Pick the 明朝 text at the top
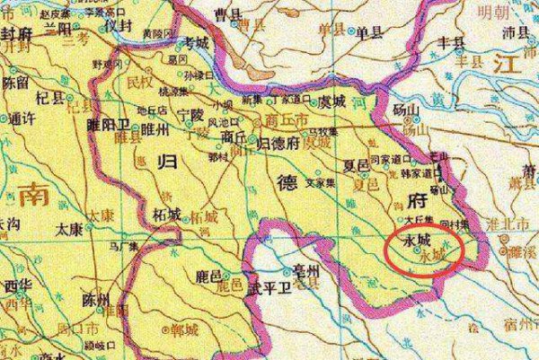[518, 13]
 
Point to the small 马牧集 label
[325, 132]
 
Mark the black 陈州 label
[94, 297]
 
